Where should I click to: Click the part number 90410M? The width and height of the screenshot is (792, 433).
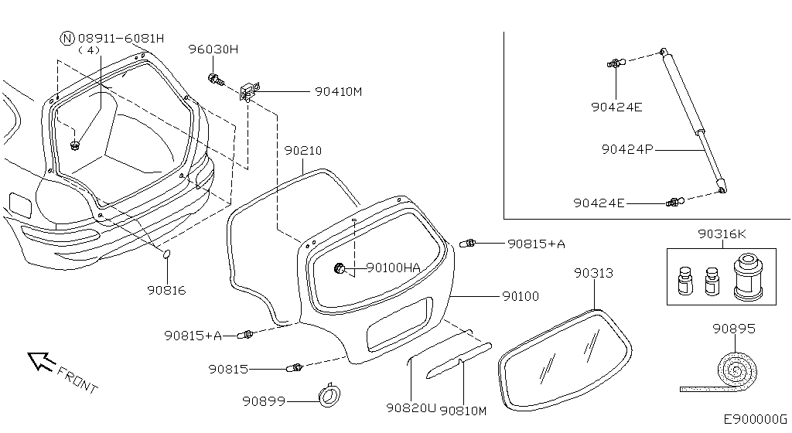point(339,92)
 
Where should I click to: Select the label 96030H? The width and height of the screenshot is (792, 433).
point(213,49)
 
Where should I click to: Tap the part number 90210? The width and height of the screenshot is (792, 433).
point(302,150)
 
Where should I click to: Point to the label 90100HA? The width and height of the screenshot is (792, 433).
point(393,268)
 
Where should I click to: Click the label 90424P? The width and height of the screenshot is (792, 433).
point(627,149)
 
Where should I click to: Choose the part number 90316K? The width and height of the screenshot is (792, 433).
point(722,234)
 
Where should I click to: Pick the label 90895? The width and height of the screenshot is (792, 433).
point(734,329)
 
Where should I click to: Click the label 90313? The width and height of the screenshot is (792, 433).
point(593,273)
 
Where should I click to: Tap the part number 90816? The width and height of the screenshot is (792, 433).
point(167,290)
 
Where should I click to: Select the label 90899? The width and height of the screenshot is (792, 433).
point(264,401)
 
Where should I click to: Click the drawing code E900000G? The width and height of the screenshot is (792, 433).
point(755,419)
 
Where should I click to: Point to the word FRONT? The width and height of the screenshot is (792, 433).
point(77,380)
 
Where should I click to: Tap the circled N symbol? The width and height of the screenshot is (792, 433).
point(67,39)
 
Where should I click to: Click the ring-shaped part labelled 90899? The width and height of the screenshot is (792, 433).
point(329,395)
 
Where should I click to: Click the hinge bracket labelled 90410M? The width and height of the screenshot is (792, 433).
point(249,90)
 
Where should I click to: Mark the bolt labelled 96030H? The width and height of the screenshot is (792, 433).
point(216,80)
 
